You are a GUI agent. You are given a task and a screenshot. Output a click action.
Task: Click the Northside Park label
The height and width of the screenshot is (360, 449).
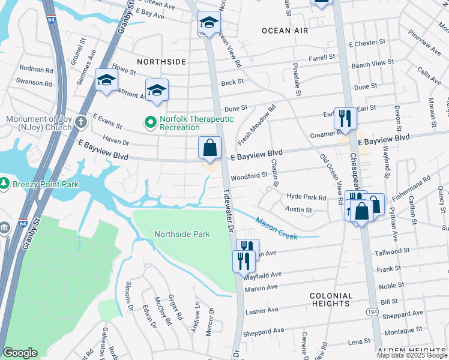click(x=182, y=234)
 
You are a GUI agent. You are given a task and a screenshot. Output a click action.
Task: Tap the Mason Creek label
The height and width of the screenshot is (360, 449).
click(x=276, y=229)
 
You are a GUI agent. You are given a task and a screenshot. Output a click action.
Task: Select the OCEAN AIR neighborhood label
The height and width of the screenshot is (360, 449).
click(x=285, y=30)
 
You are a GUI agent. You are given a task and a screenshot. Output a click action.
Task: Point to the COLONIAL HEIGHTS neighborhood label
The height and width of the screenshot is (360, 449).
click(x=331, y=300)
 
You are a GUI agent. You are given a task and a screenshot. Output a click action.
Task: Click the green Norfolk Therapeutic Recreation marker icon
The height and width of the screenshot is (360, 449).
click(x=151, y=123)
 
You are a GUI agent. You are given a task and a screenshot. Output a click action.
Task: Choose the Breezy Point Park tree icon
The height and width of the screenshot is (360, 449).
click(x=4, y=182)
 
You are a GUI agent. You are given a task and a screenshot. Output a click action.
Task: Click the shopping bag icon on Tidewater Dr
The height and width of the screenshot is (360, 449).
click(x=209, y=148)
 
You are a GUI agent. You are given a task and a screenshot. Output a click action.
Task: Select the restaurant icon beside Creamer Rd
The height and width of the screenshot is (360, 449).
click(x=345, y=118)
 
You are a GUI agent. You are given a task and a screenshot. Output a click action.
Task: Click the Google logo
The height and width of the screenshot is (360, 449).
click(x=20, y=353)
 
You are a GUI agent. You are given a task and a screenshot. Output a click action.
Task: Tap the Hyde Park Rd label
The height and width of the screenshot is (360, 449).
click(x=306, y=197)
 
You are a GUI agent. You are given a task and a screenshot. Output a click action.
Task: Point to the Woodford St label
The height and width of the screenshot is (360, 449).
click(x=249, y=176)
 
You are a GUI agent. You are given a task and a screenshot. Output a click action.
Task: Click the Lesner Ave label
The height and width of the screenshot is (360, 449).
click(x=261, y=310)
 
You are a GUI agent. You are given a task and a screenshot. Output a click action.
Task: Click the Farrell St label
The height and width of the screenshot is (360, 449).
click(x=322, y=58)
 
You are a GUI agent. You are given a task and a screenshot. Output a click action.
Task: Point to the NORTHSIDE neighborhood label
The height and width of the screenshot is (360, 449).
click(x=161, y=62)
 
